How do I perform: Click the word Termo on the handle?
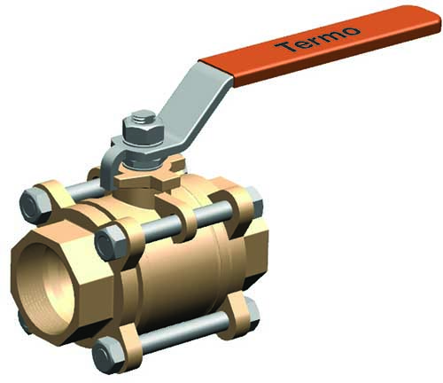pos(318,38)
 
